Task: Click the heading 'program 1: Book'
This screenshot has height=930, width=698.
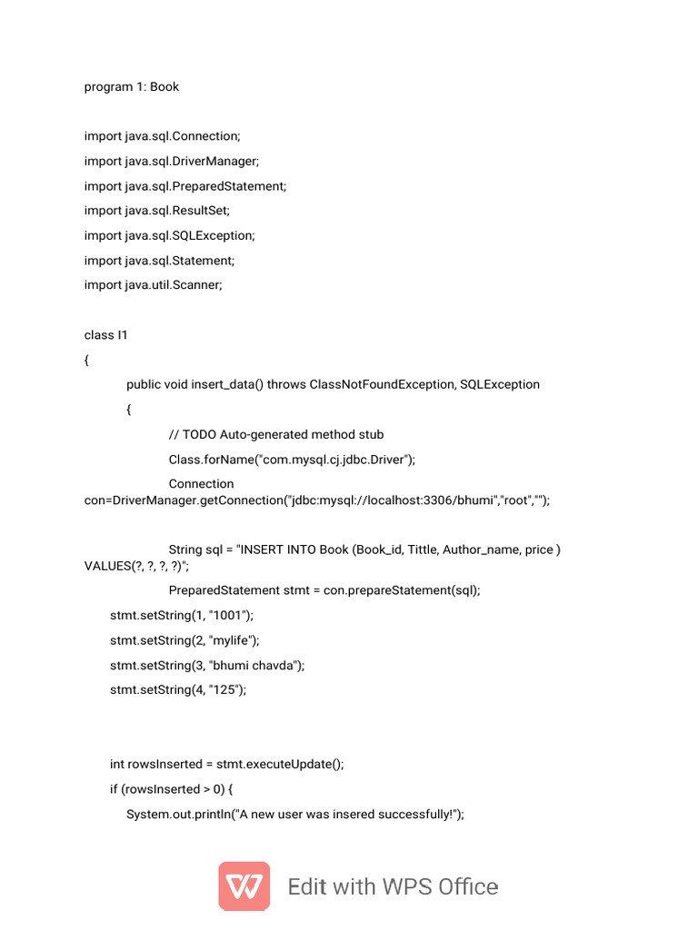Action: point(132,87)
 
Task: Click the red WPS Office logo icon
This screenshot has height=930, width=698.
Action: point(244,885)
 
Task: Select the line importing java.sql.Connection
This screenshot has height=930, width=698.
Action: point(163,136)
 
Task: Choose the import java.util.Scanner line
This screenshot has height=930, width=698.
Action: point(154,285)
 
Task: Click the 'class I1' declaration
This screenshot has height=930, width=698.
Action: point(106,335)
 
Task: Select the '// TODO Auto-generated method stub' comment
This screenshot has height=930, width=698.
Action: point(276,434)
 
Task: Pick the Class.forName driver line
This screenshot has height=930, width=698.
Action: point(292,460)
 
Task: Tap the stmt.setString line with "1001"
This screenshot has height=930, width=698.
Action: point(182,616)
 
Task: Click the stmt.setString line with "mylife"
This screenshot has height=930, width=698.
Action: point(184,640)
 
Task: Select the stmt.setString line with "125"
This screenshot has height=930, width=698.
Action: point(178,690)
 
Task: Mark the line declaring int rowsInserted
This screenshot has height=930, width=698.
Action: point(227,765)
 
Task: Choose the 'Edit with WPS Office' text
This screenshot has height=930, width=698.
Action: point(393,886)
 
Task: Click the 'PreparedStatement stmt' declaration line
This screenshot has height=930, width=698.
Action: point(324,590)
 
